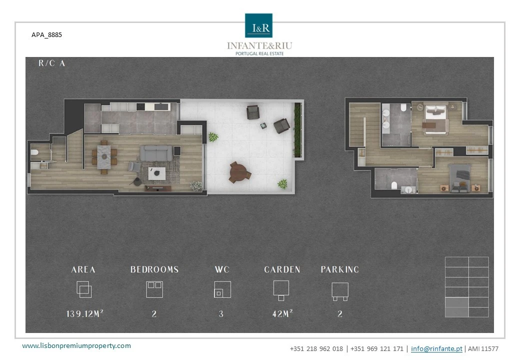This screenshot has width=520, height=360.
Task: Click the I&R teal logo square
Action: click(x=258, y=25)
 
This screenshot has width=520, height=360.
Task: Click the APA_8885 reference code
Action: click(x=47, y=35)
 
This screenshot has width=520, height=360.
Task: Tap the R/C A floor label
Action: click(x=51, y=63)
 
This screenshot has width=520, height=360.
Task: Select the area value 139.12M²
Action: click(x=85, y=313)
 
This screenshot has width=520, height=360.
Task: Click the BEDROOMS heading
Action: click(x=154, y=269)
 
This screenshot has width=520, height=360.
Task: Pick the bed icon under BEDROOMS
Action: click(x=154, y=289)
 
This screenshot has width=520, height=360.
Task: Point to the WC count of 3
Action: click(x=221, y=314)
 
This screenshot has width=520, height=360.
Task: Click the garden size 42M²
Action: click(x=282, y=313)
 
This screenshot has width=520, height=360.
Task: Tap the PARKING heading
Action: click(x=340, y=269)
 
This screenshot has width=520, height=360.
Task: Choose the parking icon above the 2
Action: click(x=340, y=291)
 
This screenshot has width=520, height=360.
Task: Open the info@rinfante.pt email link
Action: click(x=436, y=348)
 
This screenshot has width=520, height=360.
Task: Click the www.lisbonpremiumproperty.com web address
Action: click(x=76, y=345)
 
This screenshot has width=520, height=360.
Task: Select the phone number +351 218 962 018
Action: click(x=316, y=348)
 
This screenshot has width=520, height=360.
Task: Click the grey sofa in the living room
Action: click(x=156, y=153)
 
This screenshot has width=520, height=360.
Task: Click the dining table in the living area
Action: click(x=104, y=157)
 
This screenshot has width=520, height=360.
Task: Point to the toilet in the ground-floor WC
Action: click(x=34, y=152)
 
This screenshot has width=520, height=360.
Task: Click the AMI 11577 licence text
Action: click(x=483, y=348)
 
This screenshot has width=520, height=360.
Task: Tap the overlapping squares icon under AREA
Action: click(x=84, y=289)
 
